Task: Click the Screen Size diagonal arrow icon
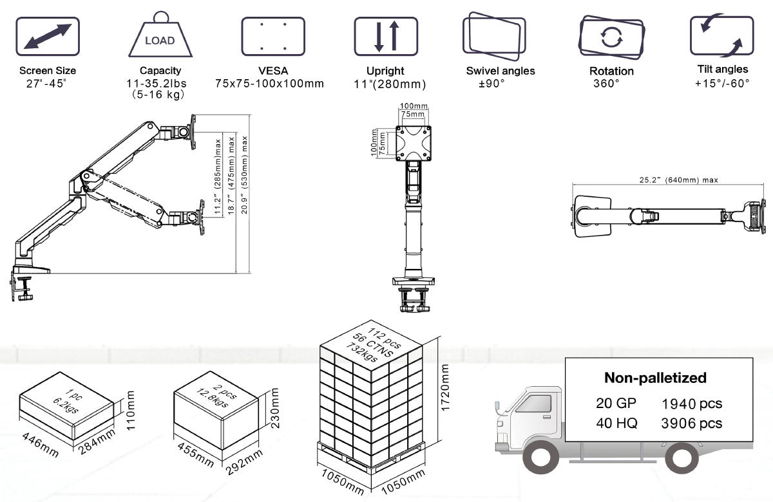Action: click(47, 37)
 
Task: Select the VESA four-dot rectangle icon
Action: click(272, 36)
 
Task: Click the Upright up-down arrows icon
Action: click(386, 36)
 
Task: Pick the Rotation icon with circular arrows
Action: click(610, 36)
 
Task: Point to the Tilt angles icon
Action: click(721, 36)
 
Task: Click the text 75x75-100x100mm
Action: click(270, 84)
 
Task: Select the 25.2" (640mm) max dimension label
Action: click(669, 180)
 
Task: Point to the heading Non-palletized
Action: click(655, 378)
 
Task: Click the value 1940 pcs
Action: click(692, 404)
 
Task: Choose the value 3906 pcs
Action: click(692, 423)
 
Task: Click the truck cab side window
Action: click(534, 404)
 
